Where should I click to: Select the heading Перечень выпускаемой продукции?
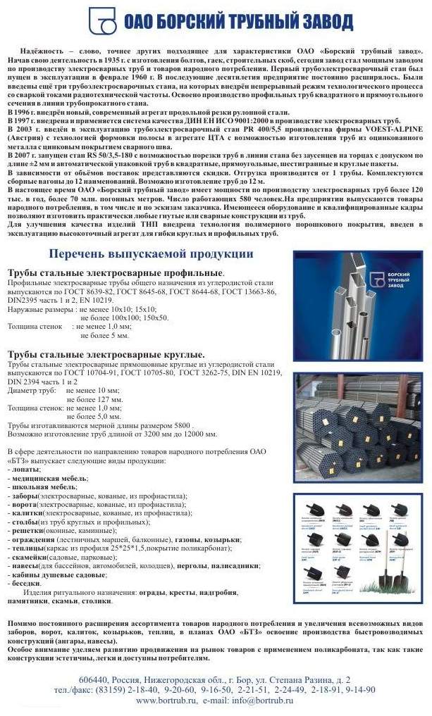click(150, 253)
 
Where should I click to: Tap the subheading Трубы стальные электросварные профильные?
click(116, 272)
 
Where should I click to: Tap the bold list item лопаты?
click(25, 468)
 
